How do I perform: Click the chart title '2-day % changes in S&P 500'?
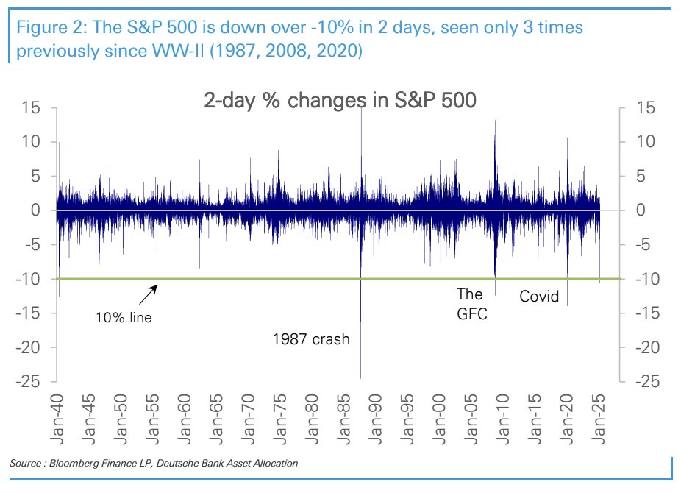click(340, 101)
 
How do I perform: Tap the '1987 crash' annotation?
click(311, 340)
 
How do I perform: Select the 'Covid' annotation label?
click(539, 297)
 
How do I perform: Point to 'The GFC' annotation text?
click(471, 305)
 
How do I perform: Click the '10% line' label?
click(124, 319)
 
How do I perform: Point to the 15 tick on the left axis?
click(29, 108)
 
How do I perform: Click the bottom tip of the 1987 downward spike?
click(361, 378)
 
